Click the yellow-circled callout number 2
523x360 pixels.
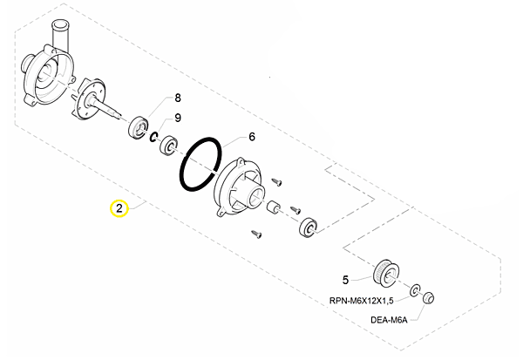click(x=118, y=209)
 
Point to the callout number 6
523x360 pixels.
click(x=252, y=137)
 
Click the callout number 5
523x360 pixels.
click(x=345, y=280)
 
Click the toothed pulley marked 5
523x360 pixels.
click(x=385, y=273)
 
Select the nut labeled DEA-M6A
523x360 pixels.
click(x=428, y=300)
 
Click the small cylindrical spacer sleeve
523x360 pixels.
click(x=272, y=208)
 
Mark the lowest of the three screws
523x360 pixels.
click(x=256, y=233)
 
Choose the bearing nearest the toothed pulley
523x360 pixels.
click(x=308, y=229)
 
